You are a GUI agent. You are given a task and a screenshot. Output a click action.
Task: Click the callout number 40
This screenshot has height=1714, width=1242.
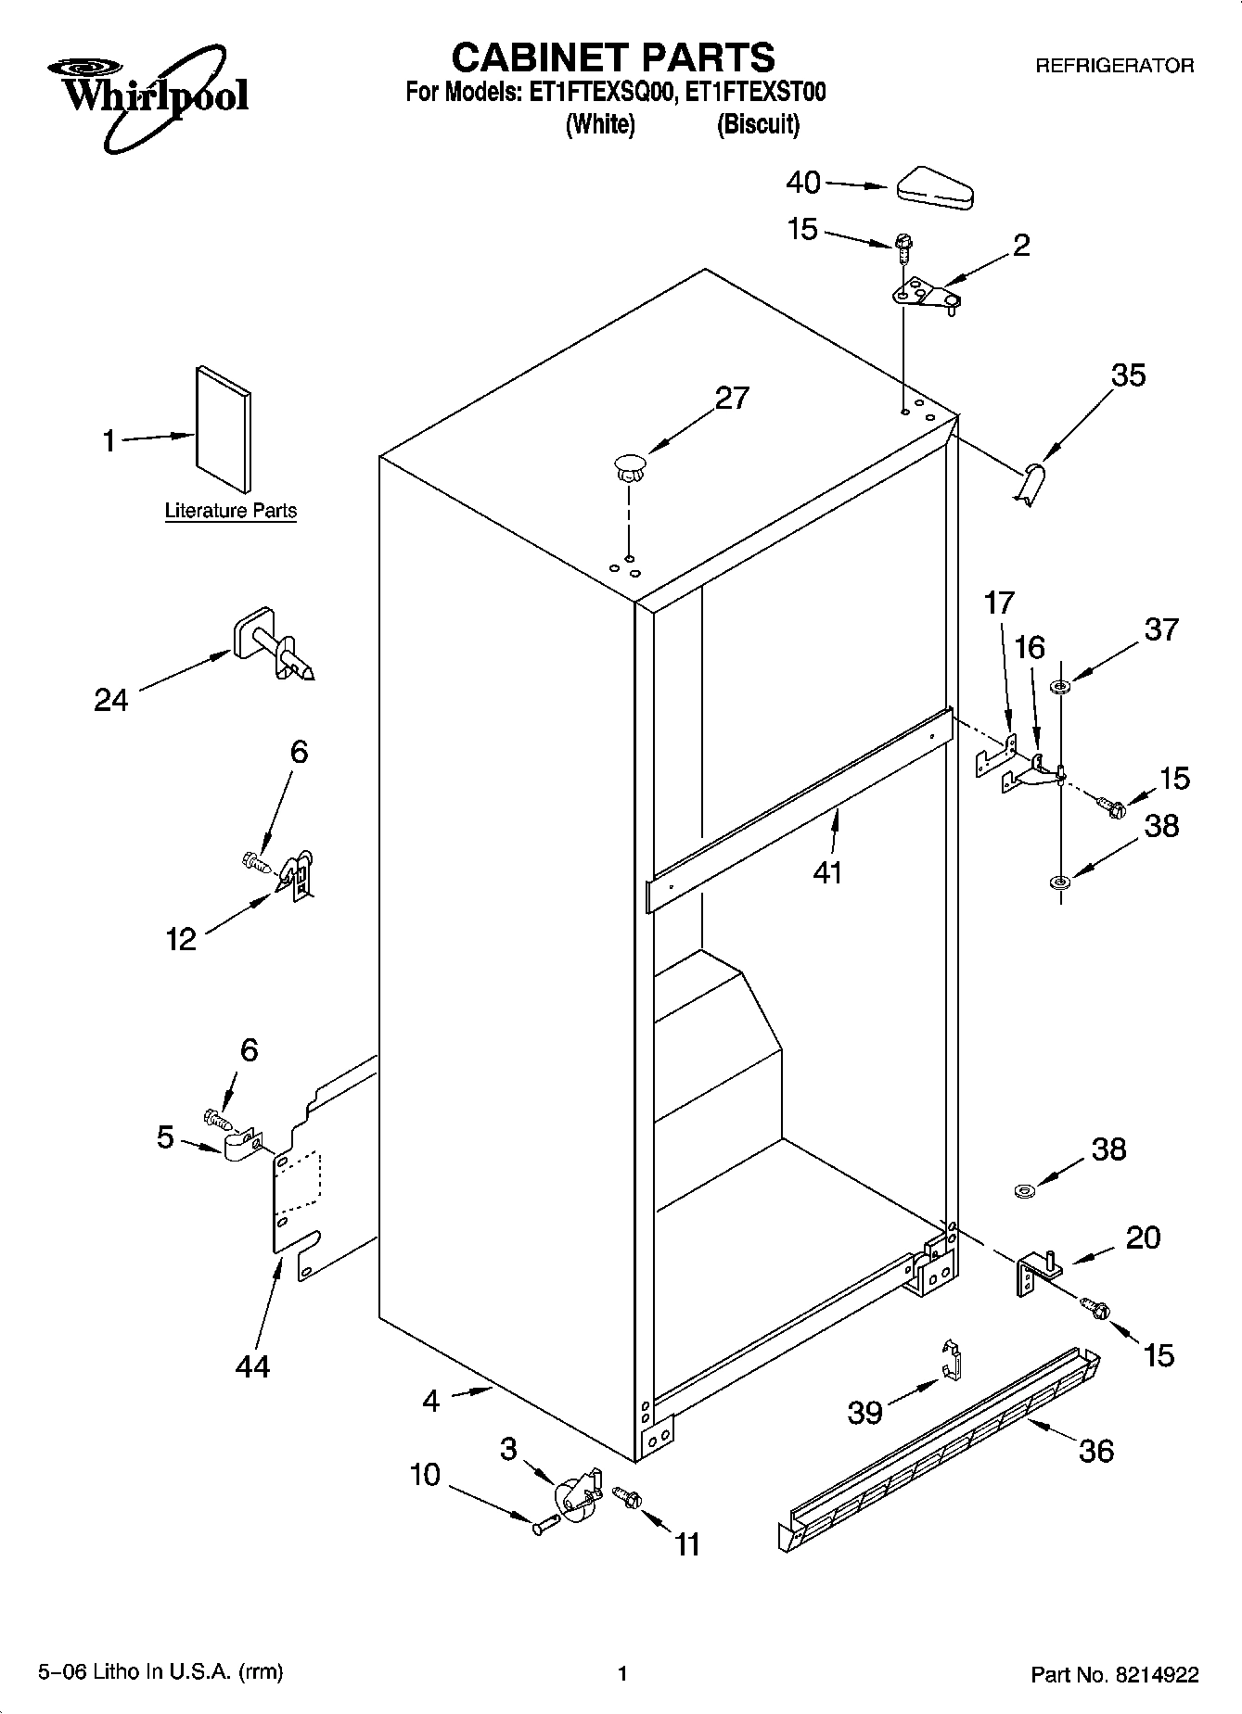(x=803, y=183)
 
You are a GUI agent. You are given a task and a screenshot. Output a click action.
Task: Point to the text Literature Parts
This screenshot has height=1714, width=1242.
(x=230, y=511)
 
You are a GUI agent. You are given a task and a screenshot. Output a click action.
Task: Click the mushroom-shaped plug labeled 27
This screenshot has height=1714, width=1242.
(x=630, y=464)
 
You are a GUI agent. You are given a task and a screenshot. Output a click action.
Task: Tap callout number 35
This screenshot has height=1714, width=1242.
(x=1128, y=375)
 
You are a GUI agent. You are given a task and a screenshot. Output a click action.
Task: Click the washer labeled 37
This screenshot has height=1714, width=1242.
(x=1059, y=687)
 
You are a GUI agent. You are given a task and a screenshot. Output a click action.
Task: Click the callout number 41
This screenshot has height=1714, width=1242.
(x=826, y=872)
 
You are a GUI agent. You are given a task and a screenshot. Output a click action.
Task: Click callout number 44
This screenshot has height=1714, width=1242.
(x=251, y=1365)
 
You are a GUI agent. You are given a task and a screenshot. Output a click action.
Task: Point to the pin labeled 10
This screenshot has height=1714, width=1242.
(x=546, y=1522)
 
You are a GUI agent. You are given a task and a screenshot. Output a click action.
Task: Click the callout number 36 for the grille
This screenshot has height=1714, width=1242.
(x=1095, y=1451)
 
